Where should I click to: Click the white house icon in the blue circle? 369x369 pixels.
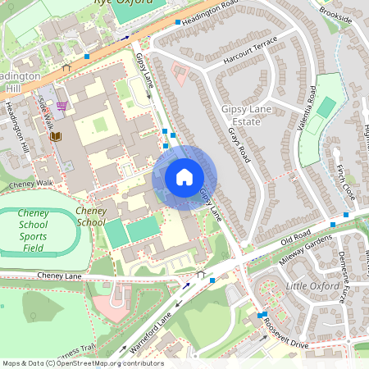pyautogui.click(x=184, y=176)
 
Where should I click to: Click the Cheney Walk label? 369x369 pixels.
pyautogui.click(x=31, y=184)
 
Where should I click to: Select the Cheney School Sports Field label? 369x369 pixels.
pyautogui.click(x=33, y=230)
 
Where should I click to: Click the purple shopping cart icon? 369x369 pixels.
pyautogui.click(x=61, y=106)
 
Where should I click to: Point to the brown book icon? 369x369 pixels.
pyautogui.click(x=55, y=136)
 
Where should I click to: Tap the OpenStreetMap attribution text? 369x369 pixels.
pyautogui.click(x=82, y=363)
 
